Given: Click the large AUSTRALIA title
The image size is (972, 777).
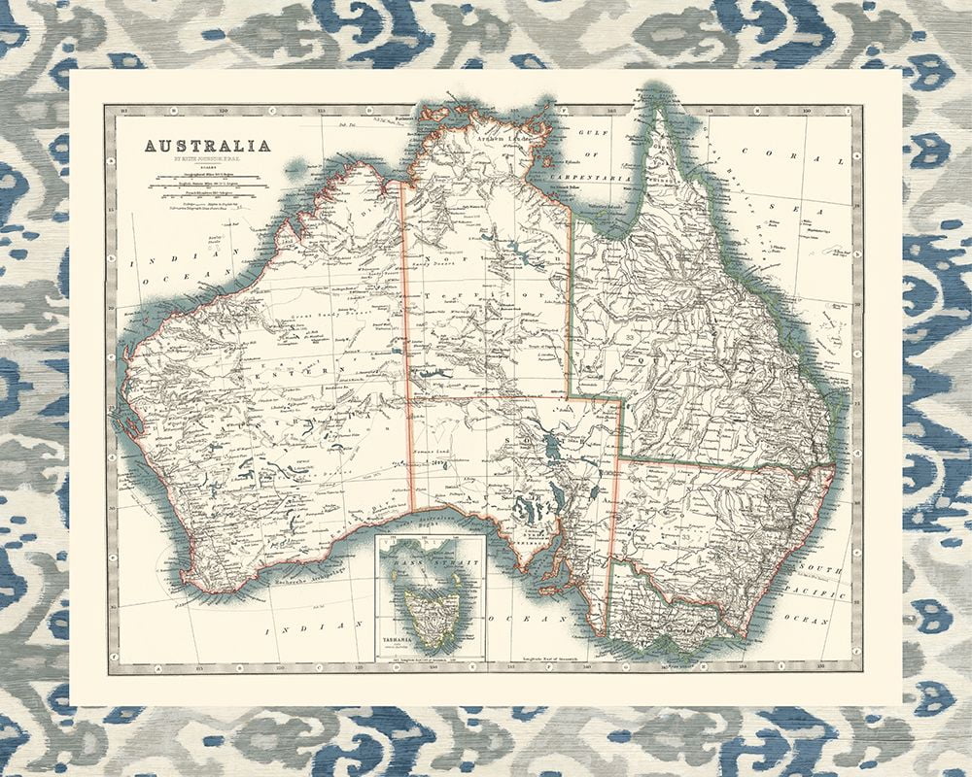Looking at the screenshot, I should click(x=208, y=147).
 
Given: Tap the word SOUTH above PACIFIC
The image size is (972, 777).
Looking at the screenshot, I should click(x=816, y=566).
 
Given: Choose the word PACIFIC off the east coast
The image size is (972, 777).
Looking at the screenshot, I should click(x=819, y=592).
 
